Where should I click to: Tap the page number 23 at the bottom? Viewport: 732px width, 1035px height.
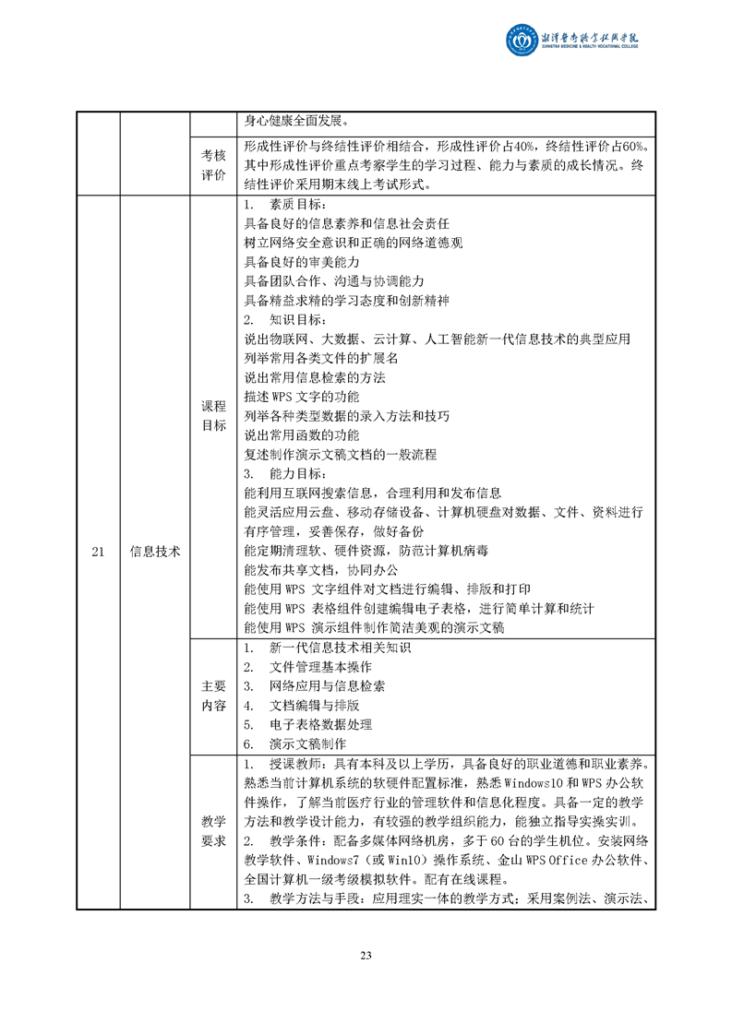(366, 954)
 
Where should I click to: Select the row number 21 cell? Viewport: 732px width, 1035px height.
(98, 552)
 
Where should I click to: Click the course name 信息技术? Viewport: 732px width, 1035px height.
(154, 552)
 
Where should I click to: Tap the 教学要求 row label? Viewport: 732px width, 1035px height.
(213, 831)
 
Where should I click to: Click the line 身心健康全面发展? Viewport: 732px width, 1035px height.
(296, 121)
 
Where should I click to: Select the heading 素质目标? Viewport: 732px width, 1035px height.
(296, 204)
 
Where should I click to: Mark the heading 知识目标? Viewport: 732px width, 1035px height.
(296, 320)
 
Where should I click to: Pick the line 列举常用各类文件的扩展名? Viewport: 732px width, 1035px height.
(320, 358)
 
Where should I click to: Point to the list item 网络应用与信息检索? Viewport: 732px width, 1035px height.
(327, 686)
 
